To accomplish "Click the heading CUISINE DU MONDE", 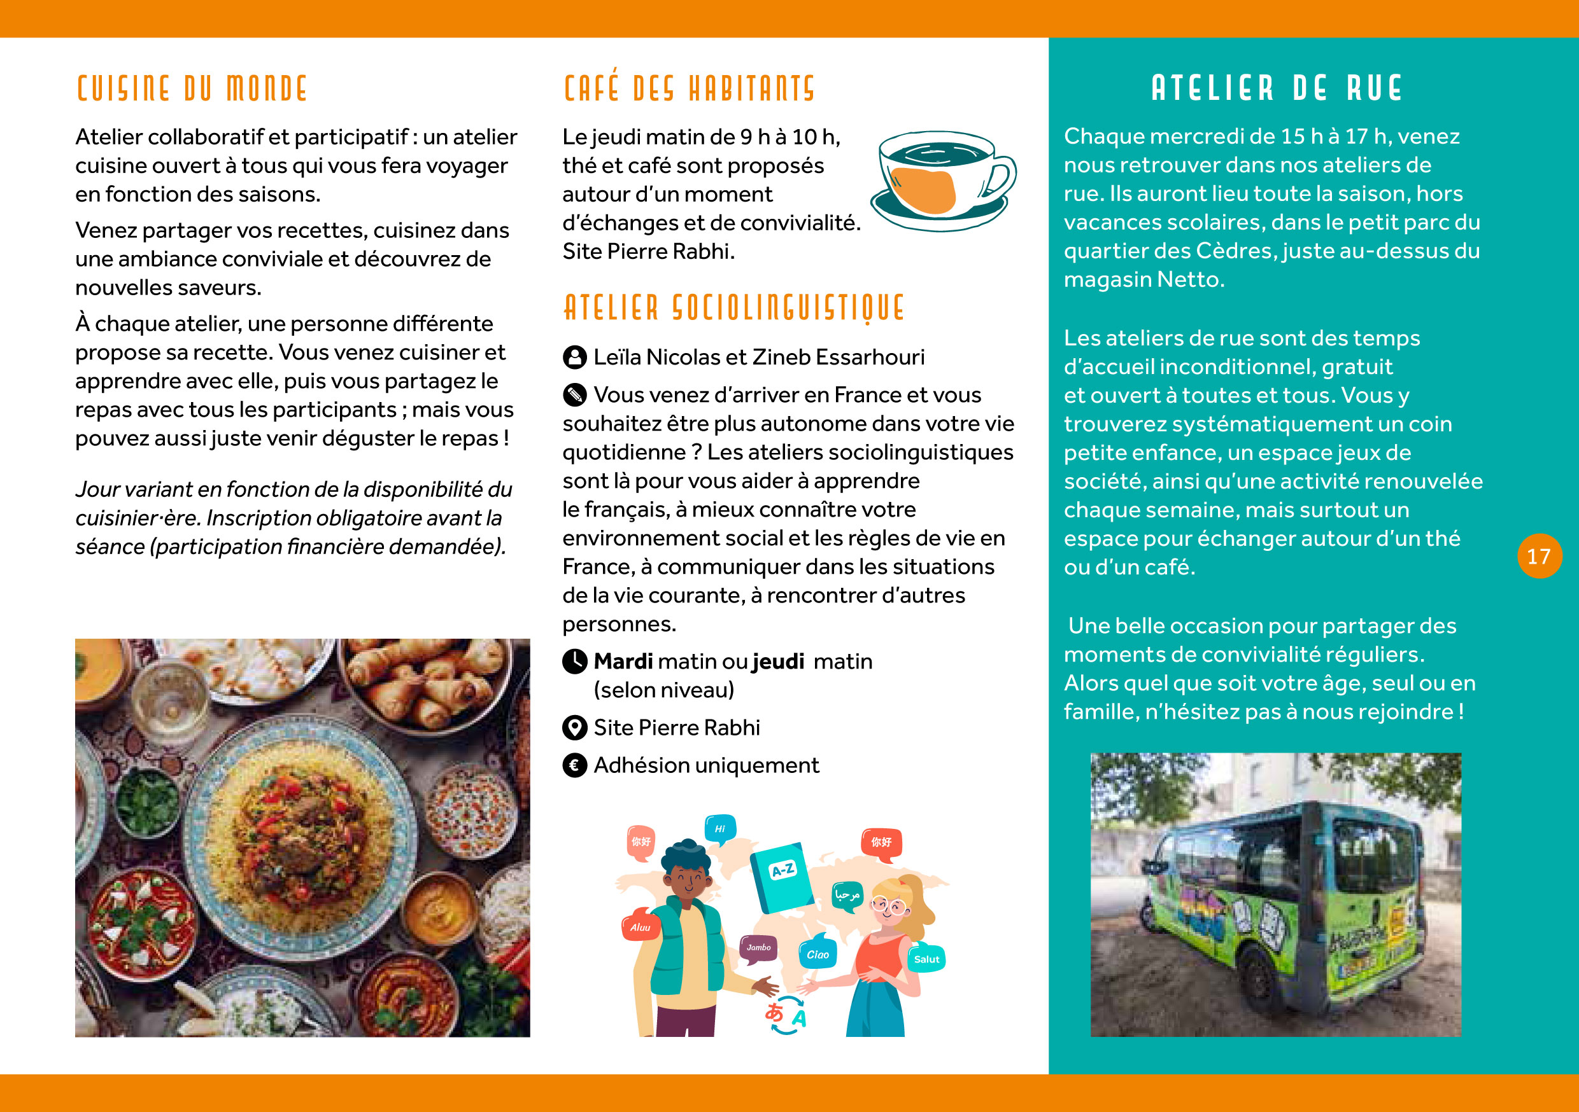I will [x=191, y=88].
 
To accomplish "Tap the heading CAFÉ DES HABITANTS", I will [x=689, y=88].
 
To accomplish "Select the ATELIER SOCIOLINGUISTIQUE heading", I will [x=734, y=308].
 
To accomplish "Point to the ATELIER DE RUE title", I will [x=1277, y=88].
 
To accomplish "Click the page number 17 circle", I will [x=1539, y=556].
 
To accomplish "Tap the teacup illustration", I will [x=942, y=180].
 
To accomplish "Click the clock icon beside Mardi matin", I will [x=574, y=661].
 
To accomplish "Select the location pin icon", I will [x=574, y=727].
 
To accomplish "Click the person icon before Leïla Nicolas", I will [x=574, y=358].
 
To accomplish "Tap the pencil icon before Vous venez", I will [x=574, y=395].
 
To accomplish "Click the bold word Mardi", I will [x=623, y=661].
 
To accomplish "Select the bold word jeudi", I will [x=778, y=661].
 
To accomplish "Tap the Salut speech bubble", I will [x=926, y=959].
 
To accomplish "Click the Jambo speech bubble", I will [x=758, y=948].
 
